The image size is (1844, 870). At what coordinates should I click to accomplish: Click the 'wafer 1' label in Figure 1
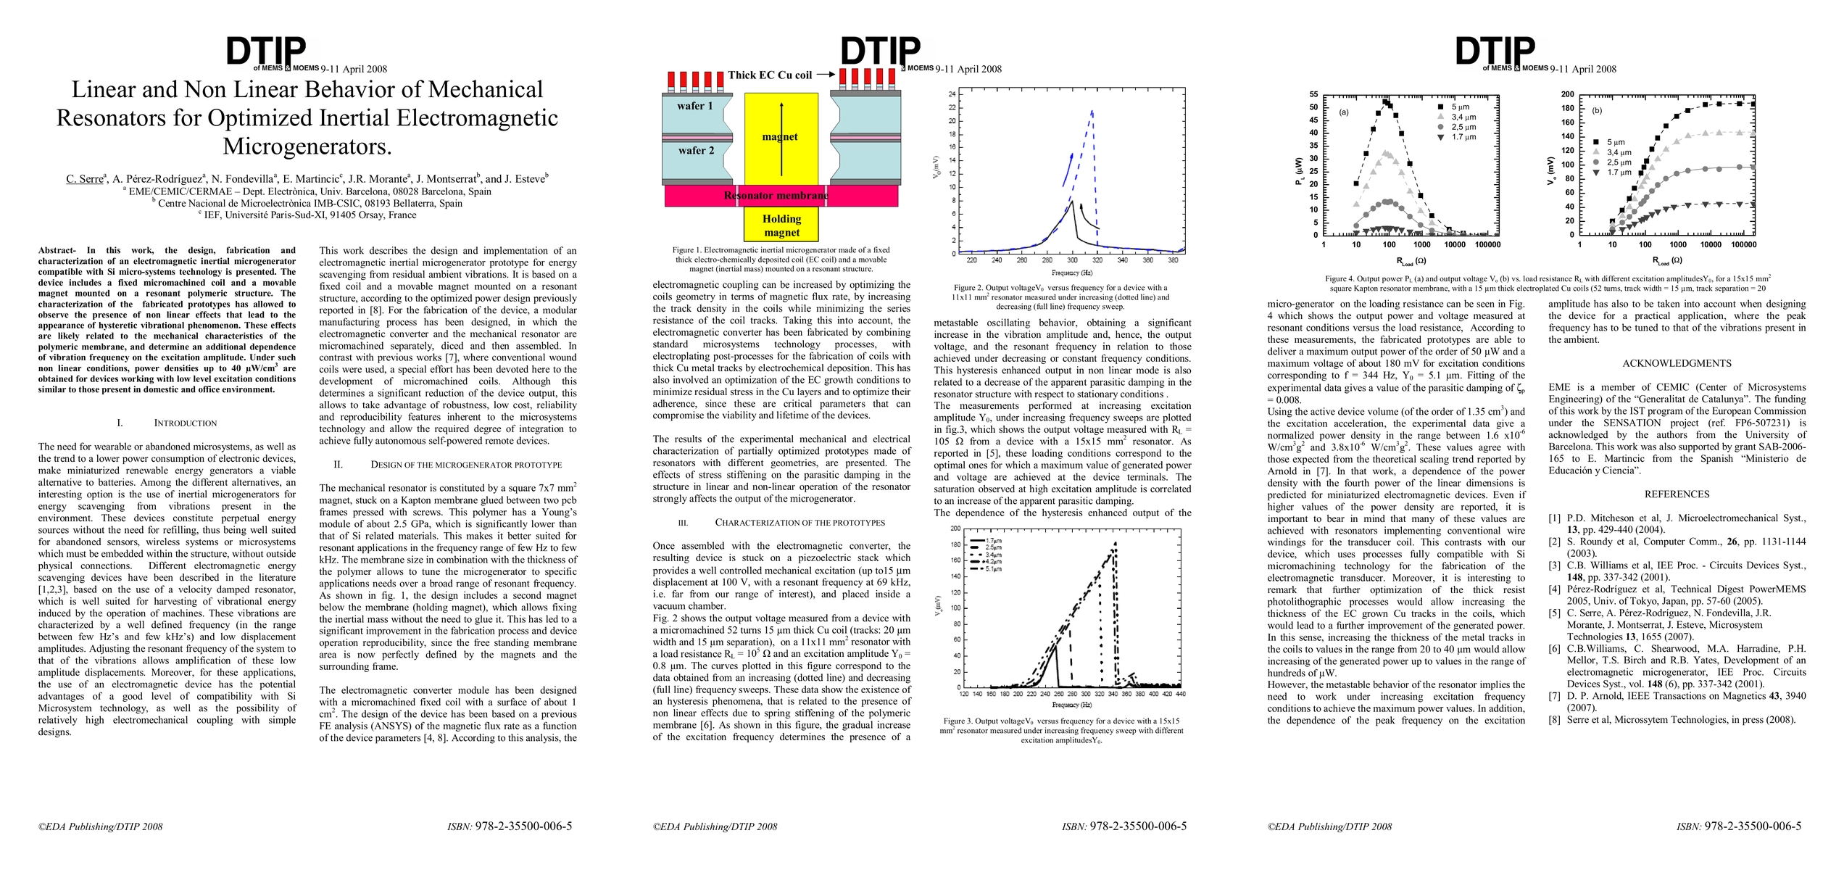pyautogui.click(x=695, y=106)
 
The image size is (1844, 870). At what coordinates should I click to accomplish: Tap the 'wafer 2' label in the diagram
pyautogui.click(x=696, y=151)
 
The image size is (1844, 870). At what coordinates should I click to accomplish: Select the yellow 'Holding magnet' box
pyautogui.click(x=781, y=225)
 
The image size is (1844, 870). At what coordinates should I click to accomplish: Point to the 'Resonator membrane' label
pyautogui.click(x=776, y=195)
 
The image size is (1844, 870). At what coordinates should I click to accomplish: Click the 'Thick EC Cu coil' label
pyautogui.click(x=770, y=75)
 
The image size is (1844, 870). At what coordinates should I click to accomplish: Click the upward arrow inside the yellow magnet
pyautogui.click(x=781, y=138)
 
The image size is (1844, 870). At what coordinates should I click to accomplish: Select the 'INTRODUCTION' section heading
pyautogui.click(x=185, y=423)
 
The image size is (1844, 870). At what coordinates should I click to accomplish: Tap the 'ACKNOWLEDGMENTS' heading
pyautogui.click(x=1676, y=364)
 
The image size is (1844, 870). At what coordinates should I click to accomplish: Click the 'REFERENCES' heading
pyautogui.click(x=1677, y=494)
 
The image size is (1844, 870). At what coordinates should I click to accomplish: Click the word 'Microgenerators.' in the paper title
pyautogui.click(x=307, y=146)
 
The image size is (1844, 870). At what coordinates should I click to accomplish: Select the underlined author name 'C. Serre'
pyautogui.click(x=85, y=179)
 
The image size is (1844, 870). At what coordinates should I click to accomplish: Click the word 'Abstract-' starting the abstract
pyautogui.click(x=57, y=251)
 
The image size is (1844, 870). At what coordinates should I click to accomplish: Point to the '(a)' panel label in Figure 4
pyautogui.click(x=1343, y=112)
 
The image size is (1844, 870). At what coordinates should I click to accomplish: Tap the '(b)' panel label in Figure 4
pyautogui.click(x=1597, y=111)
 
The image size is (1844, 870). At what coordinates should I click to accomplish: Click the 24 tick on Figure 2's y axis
pyautogui.click(x=952, y=94)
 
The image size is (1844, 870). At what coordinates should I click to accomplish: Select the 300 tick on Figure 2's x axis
pyautogui.click(x=1072, y=260)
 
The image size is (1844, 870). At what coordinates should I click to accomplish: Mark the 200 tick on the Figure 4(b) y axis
pyautogui.click(x=1567, y=94)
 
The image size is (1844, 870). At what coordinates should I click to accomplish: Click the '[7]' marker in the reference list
pyautogui.click(x=1554, y=696)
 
